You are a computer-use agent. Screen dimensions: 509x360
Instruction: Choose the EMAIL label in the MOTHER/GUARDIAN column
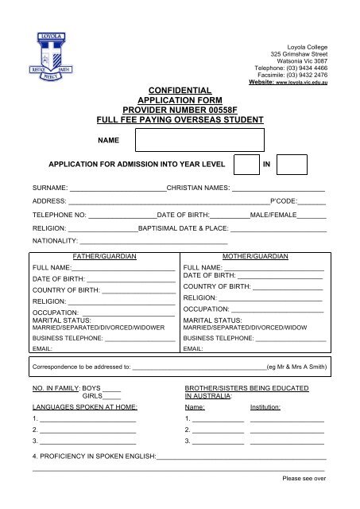coord(193,348)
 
